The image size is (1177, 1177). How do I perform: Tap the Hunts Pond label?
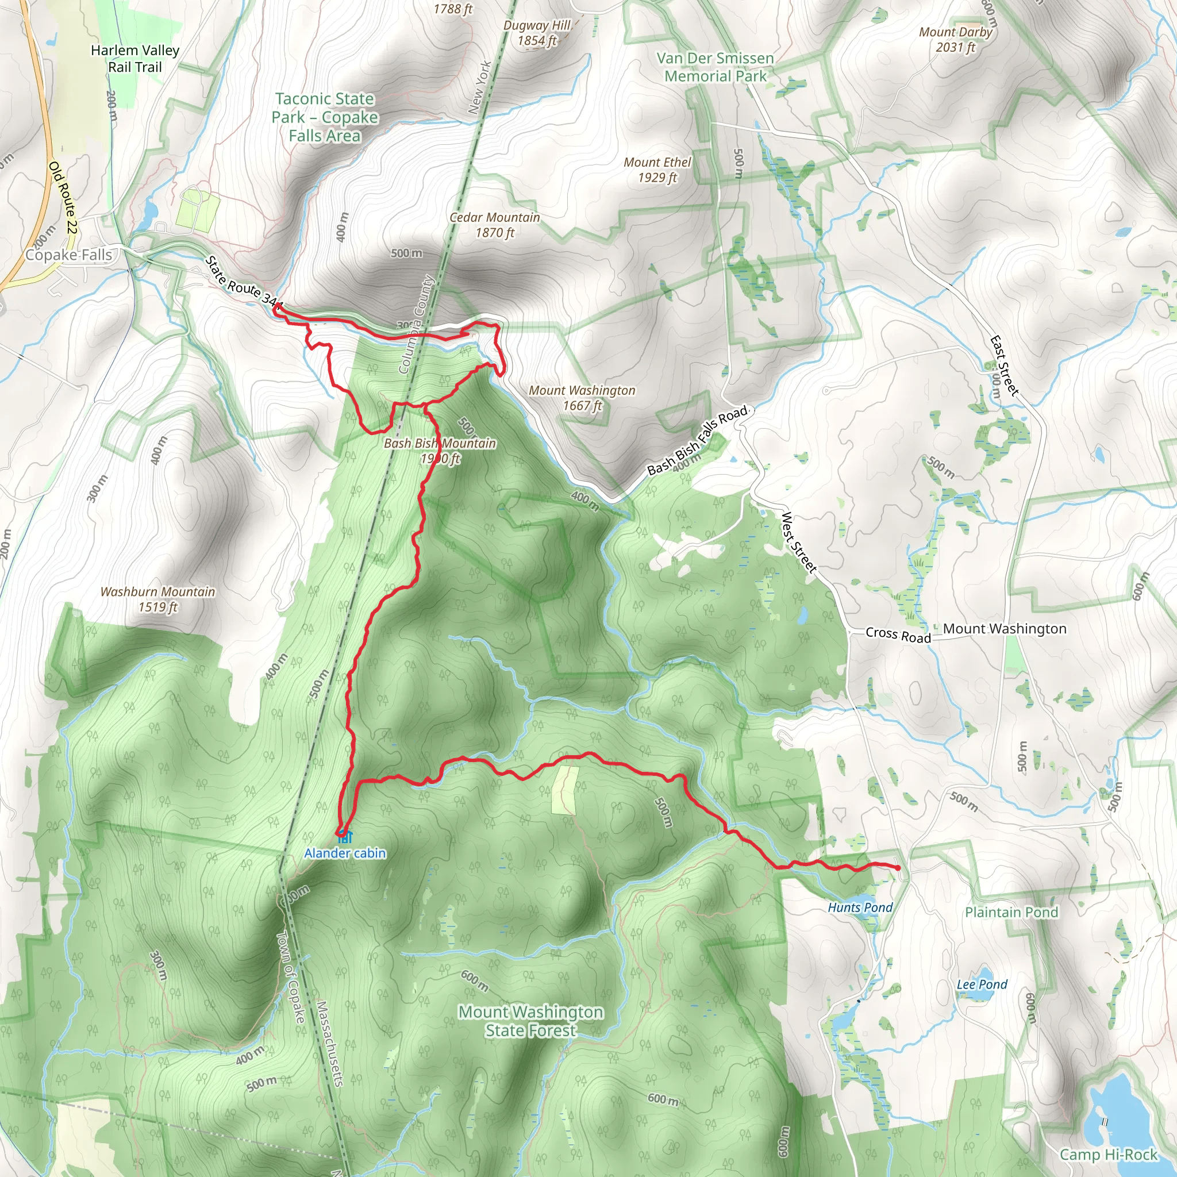(860, 907)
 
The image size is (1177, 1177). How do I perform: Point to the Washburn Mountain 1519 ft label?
(158, 599)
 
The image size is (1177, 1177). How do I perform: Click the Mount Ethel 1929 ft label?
(657, 170)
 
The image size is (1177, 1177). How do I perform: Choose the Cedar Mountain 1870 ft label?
(495, 225)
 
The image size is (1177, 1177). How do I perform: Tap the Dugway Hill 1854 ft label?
(537, 33)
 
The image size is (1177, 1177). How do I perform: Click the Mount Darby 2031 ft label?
(955, 39)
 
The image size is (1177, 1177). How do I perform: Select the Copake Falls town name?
(68, 255)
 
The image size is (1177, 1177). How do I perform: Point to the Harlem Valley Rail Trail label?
(135, 59)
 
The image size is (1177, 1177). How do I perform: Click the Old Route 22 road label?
(63, 197)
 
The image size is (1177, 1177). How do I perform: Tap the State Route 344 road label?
(244, 282)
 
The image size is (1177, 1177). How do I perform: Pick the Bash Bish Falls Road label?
(697, 440)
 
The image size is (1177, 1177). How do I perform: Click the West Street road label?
(798, 542)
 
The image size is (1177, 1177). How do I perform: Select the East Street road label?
(1004, 366)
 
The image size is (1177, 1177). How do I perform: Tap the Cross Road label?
(898, 635)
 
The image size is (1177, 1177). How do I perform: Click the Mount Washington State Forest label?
(530, 1021)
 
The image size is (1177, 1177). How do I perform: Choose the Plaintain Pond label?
(1011, 912)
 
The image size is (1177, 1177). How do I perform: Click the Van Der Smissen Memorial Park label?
(715, 67)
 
